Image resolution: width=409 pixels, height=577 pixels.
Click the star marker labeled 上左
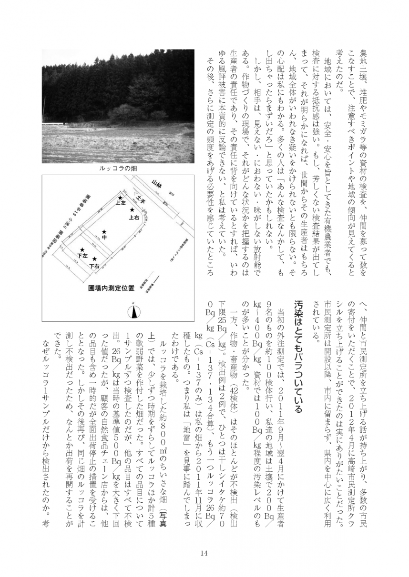click(x=121, y=197)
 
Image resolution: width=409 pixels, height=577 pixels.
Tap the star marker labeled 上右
click(x=132, y=210)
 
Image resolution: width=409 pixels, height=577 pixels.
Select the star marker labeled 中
click(x=104, y=232)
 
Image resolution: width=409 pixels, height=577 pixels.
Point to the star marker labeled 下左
click(x=82, y=249)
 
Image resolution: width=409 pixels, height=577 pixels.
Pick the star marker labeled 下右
click(x=94, y=260)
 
